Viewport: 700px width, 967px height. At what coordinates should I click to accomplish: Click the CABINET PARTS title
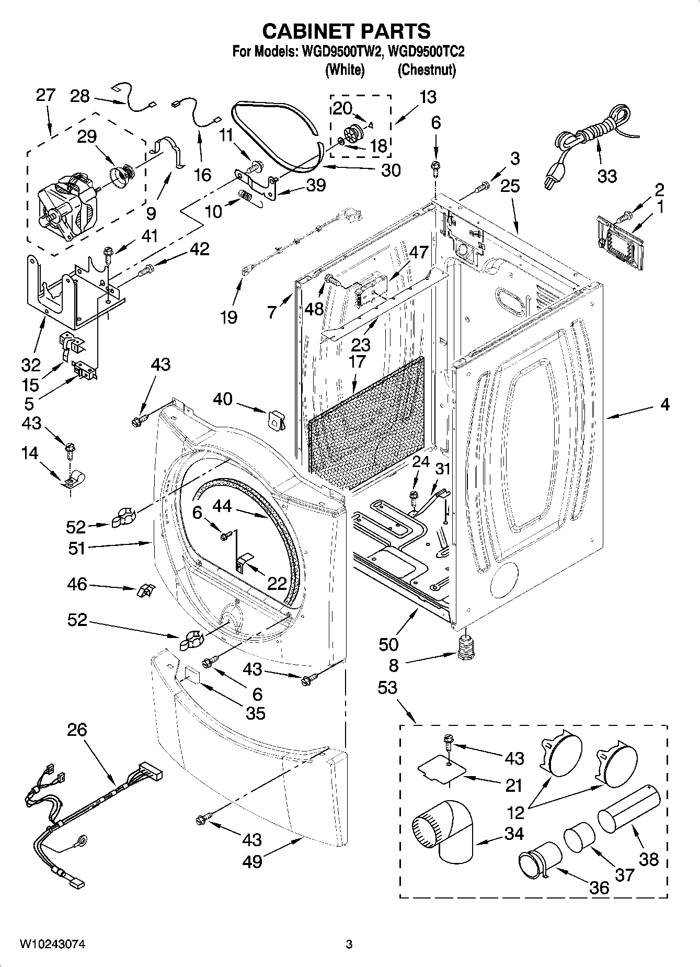pyautogui.click(x=346, y=31)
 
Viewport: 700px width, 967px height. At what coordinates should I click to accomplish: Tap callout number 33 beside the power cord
pyautogui.click(x=607, y=176)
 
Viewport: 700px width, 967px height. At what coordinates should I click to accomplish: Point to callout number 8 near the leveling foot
pyautogui.click(x=393, y=665)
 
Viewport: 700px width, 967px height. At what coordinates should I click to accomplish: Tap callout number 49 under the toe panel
pyautogui.click(x=252, y=861)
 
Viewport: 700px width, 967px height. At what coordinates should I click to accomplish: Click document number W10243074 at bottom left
pyautogui.click(x=53, y=944)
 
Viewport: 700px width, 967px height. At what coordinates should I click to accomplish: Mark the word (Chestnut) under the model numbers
pyautogui.click(x=427, y=70)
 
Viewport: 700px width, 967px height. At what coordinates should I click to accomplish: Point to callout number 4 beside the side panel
pyautogui.click(x=664, y=404)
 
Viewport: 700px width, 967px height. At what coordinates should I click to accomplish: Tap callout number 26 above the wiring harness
pyautogui.click(x=77, y=730)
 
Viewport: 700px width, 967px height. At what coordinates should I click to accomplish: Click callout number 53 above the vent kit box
pyautogui.click(x=387, y=688)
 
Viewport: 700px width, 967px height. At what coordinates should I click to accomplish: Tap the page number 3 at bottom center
pyautogui.click(x=349, y=945)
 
